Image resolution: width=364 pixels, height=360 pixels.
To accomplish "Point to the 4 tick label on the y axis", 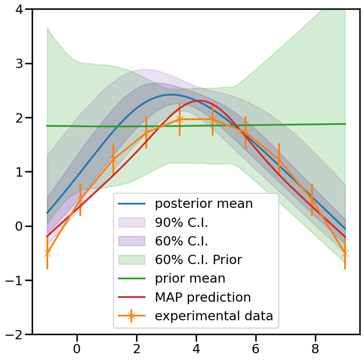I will point(21,9).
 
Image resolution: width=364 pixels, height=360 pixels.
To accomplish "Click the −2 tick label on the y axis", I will point(16,334).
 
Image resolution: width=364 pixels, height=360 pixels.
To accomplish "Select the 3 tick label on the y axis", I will point(21,63).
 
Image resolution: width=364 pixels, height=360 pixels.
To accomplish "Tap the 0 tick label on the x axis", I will point(77,349).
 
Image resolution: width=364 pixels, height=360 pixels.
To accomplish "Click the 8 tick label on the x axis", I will point(315,349).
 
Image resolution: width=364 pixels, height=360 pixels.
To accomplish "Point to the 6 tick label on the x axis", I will point(256,349).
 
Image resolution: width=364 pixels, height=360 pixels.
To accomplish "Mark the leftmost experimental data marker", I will point(47,253).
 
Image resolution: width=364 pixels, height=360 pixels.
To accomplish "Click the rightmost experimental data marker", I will point(345,253).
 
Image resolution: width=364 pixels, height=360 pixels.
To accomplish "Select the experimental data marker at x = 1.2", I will point(113,159).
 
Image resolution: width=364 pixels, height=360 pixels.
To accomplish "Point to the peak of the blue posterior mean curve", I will point(171,95).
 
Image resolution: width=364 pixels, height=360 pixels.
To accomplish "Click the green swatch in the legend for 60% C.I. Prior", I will point(131,260).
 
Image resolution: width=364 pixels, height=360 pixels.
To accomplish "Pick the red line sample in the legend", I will point(131,297).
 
